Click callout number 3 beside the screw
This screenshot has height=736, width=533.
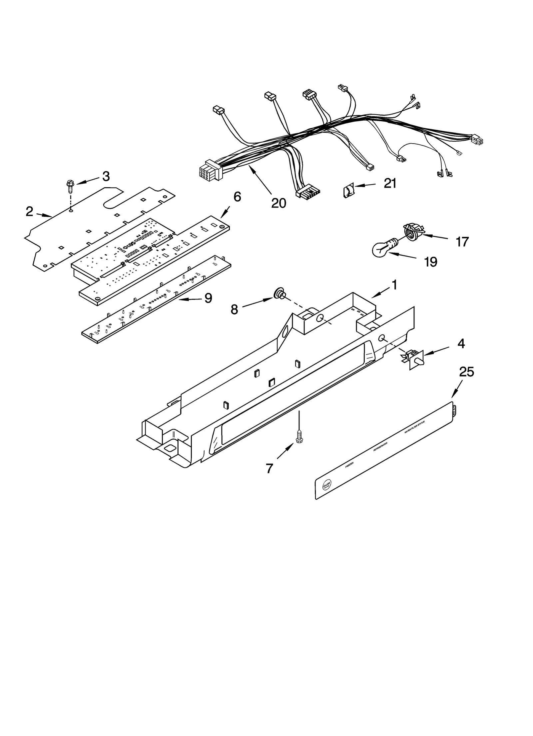[106, 177]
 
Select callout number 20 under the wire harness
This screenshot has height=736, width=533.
[278, 203]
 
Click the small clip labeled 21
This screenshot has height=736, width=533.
[347, 191]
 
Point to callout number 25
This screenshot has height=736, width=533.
[466, 372]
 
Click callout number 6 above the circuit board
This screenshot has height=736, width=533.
[237, 197]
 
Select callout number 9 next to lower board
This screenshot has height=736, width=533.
[208, 298]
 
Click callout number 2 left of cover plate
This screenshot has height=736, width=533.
[30, 211]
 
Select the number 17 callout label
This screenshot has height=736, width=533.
[462, 242]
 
